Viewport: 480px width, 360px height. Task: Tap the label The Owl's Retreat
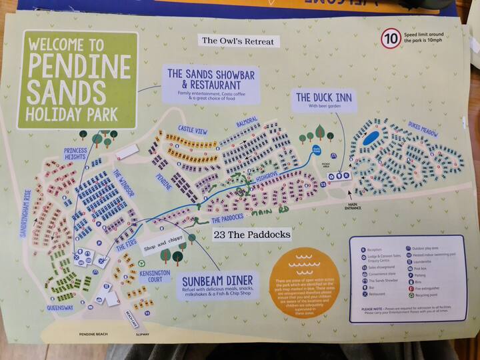click(238, 41)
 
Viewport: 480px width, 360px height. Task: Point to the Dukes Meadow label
click(422, 131)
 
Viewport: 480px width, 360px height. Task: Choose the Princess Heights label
click(75, 155)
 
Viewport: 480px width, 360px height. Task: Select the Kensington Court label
click(155, 277)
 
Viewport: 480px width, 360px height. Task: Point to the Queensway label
click(60, 308)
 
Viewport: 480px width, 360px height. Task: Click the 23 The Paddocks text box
click(252, 235)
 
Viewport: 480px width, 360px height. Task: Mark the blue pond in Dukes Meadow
click(372, 138)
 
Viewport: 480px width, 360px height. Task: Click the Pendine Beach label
click(93, 333)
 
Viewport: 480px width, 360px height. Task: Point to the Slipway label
click(143, 333)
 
